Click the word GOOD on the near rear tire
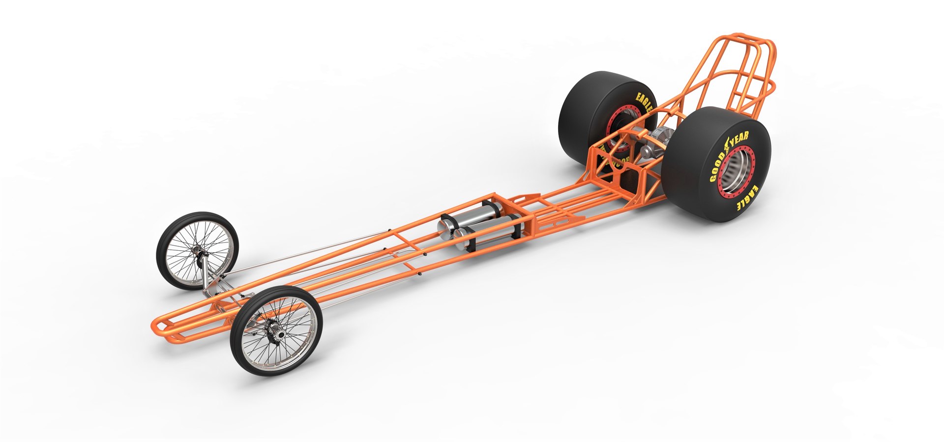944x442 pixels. (715, 167)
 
